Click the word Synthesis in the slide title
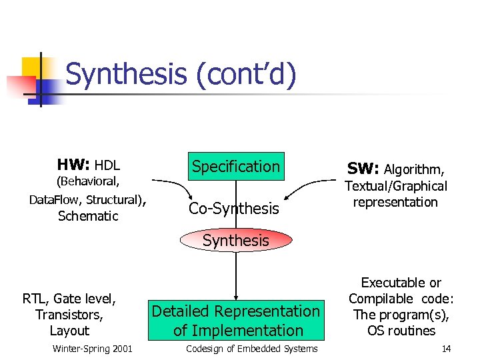point(126,74)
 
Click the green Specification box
point(236,167)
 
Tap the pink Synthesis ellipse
point(236,241)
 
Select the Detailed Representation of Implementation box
point(236,321)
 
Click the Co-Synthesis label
point(234,209)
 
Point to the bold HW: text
point(73,165)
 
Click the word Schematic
point(88,216)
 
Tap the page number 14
point(446,349)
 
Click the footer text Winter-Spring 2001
point(92,349)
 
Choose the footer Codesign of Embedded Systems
point(251,349)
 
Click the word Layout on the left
point(69,331)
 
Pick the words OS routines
point(401,331)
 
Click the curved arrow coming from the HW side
point(170,183)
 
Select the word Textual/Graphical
point(395,186)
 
